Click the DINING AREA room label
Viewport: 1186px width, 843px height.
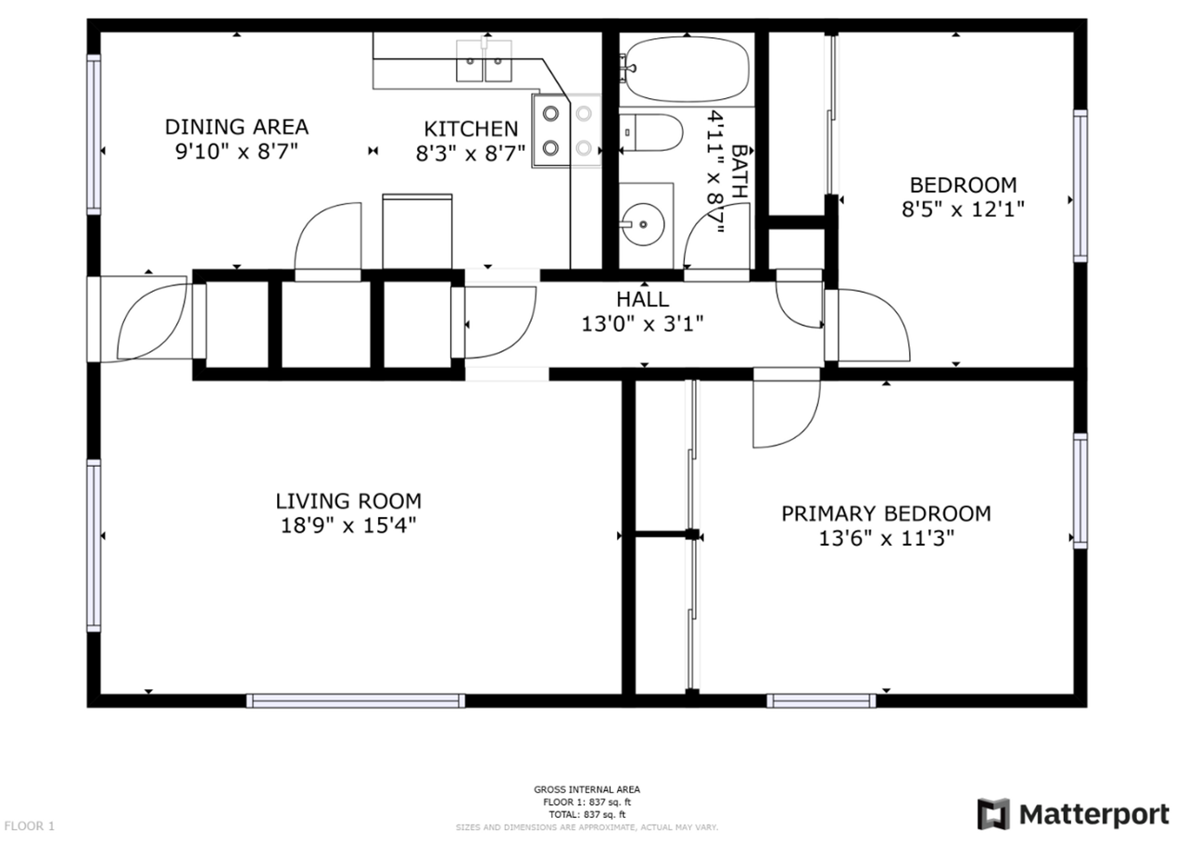pos(236,127)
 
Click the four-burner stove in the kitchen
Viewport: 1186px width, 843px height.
pos(566,130)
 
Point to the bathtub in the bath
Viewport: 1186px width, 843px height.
pos(688,68)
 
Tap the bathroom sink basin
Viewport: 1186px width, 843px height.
pos(641,222)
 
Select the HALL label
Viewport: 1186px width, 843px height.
pos(642,299)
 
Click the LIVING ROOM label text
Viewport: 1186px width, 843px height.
pos(348,501)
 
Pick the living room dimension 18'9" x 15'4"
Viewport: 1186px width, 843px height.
pos(348,525)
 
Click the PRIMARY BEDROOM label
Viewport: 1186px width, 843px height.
pos(886,513)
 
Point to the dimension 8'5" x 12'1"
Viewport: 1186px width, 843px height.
pos(963,208)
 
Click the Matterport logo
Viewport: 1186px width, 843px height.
pos(1074,814)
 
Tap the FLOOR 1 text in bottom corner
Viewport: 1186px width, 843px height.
pos(30,825)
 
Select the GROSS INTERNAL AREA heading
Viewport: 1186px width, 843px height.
pos(587,790)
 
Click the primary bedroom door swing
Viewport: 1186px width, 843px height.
pos(784,409)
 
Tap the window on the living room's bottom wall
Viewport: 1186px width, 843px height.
pos(356,701)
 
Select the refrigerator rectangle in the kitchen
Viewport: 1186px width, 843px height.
pos(417,231)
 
